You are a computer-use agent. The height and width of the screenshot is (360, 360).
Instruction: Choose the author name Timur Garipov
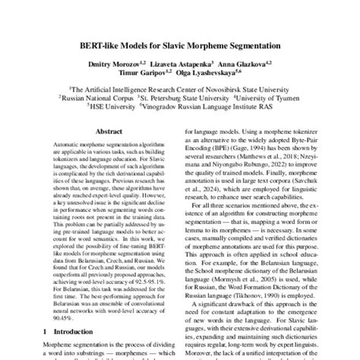click(x=143, y=76)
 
